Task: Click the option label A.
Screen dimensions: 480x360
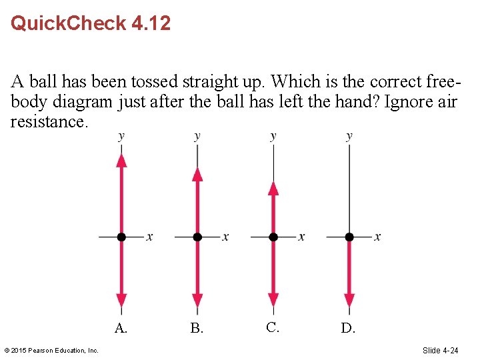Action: [121, 328]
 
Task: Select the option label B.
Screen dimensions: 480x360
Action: [197, 328]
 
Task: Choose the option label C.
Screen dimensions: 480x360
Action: [272, 327]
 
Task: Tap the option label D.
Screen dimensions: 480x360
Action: [348, 328]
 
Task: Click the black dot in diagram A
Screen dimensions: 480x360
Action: [121, 237]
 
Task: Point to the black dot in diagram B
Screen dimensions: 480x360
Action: [197, 237]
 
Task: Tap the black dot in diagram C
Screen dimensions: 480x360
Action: [273, 237]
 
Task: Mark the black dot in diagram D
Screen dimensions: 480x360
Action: [349, 237]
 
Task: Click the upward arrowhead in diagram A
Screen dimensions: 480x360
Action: [121, 160]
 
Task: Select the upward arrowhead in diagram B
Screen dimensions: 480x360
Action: [197, 174]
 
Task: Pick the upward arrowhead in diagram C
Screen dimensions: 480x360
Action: [273, 188]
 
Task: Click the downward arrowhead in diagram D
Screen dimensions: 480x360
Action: [349, 301]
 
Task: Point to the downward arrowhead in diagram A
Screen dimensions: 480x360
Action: [121, 301]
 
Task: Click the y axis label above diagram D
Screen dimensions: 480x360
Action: [349, 136]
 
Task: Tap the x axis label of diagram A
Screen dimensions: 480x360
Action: [149, 237]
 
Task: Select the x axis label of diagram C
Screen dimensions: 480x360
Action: [301, 237]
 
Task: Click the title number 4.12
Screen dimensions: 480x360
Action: [151, 23]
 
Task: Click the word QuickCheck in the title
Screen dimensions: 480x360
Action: [69, 23]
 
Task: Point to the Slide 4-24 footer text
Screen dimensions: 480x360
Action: [441, 351]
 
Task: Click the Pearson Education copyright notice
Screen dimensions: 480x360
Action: [51, 351]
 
